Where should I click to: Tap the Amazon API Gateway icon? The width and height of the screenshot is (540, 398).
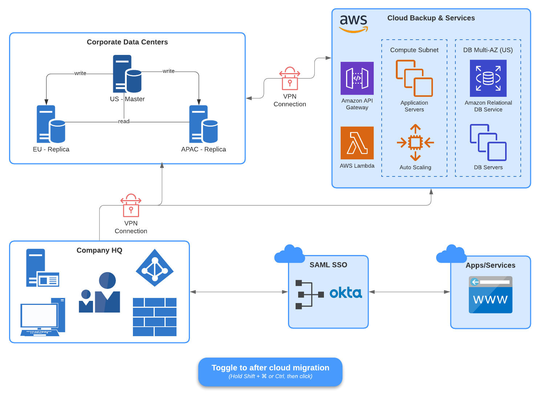pos(357,78)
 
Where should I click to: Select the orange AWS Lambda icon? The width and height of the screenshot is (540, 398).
pos(357,143)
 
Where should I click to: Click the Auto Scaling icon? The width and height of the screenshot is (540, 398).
pos(415,143)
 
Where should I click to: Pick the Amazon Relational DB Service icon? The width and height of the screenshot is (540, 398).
pos(488,78)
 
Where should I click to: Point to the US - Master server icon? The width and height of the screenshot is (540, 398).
pos(127,74)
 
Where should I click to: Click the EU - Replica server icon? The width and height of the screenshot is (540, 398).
pos(51,124)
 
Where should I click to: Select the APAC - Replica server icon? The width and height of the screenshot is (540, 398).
pos(203,124)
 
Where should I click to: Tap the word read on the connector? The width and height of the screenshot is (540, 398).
pos(124,122)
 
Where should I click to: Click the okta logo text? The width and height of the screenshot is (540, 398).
pos(346,293)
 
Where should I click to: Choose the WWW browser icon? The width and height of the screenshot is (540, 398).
pos(490,295)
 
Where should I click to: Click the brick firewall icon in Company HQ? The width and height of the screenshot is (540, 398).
pos(155,317)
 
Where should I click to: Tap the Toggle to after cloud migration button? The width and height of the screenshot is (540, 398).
pos(270,371)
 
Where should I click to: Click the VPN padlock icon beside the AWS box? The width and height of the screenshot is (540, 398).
pos(290,79)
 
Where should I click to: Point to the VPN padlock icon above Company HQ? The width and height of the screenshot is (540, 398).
pos(131,206)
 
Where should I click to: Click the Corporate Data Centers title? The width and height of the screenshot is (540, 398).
pos(127,42)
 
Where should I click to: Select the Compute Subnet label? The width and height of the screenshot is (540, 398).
pos(414,50)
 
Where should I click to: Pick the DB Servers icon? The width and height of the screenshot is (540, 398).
pos(488,142)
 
